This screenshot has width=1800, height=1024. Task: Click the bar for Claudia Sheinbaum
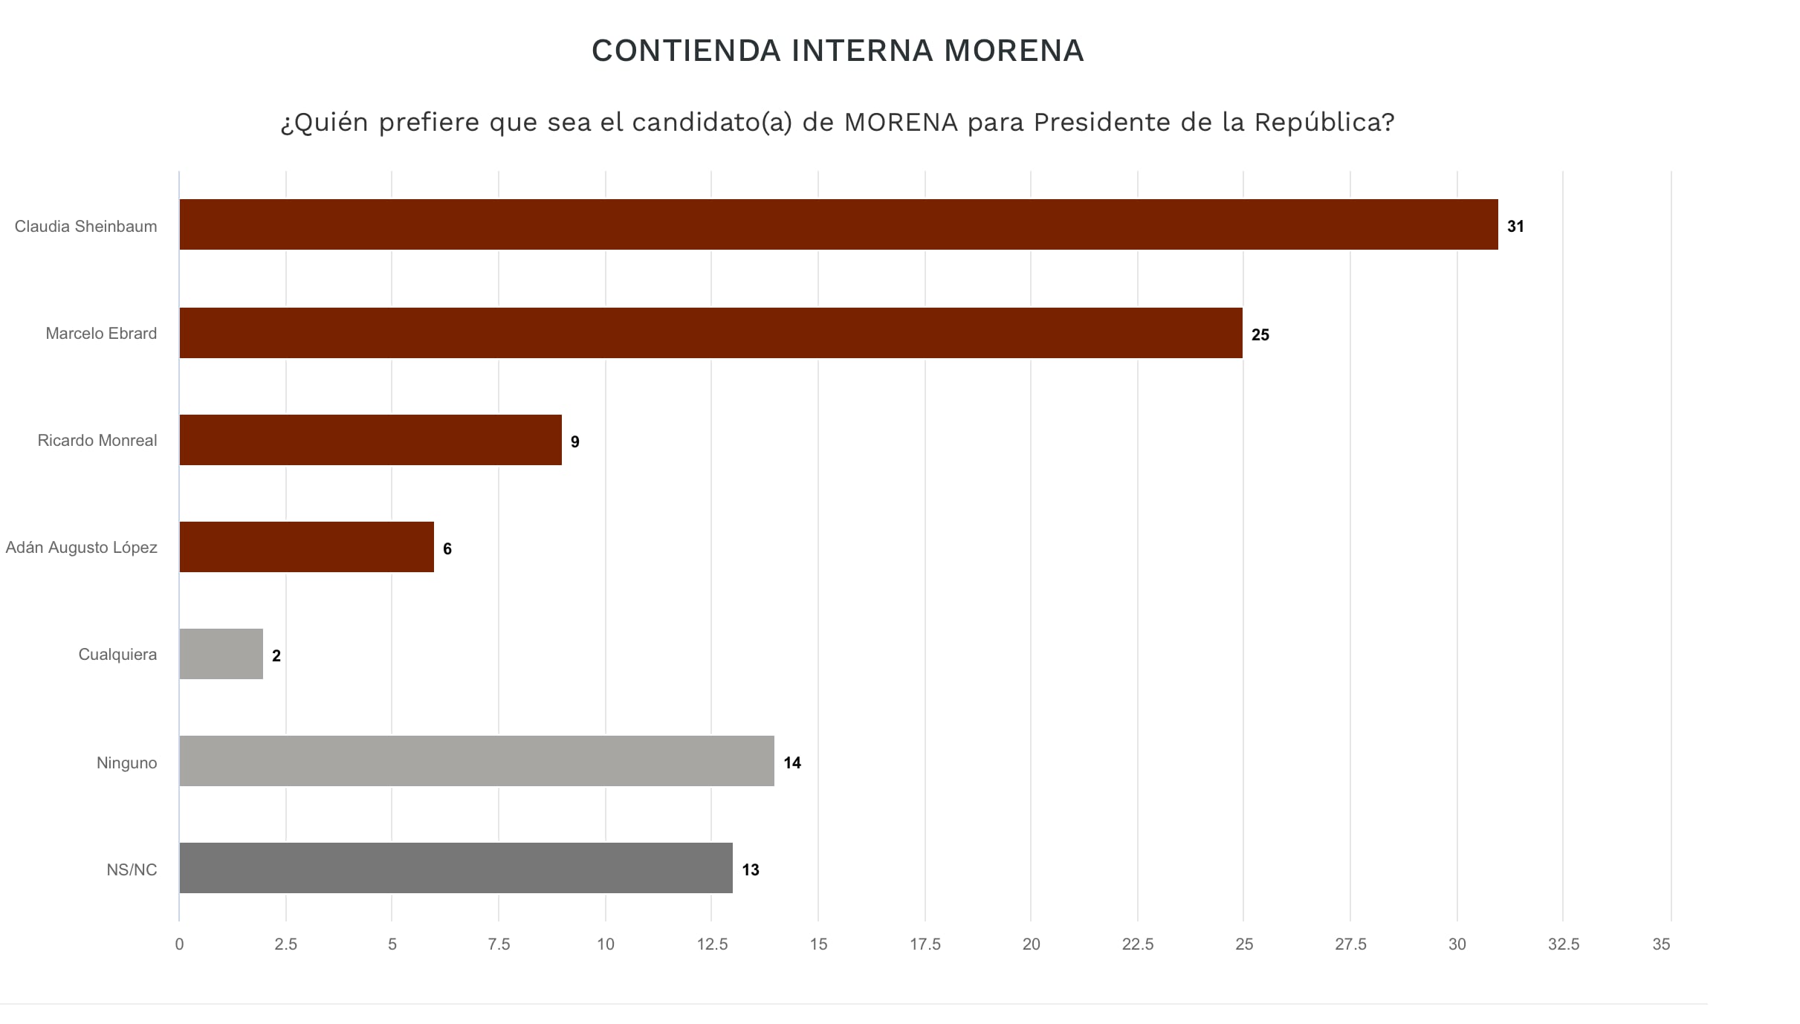point(838,224)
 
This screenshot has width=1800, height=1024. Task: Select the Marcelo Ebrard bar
point(710,333)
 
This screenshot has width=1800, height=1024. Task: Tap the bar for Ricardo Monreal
point(370,440)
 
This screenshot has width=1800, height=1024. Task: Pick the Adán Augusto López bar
point(306,547)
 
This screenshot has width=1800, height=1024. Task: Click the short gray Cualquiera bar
point(221,654)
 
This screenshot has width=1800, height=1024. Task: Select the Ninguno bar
point(476,761)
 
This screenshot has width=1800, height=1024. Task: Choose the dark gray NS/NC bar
point(456,868)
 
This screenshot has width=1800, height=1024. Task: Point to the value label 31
point(1515,227)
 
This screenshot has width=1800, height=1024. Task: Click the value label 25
point(1260,335)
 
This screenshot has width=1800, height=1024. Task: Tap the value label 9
point(574,442)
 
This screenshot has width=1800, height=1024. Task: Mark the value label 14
point(792,763)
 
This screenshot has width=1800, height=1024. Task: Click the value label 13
point(751,870)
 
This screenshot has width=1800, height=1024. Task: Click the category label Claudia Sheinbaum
point(85,227)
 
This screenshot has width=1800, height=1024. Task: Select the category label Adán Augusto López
point(81,548)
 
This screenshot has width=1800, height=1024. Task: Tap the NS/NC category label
point(132,870)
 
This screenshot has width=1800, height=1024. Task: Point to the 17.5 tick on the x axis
point(925,944)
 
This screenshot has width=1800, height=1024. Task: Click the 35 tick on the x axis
point(1661,944)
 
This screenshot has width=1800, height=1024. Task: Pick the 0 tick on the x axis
point(179,944)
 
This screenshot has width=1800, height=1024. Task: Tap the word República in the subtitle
point(1324,122)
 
